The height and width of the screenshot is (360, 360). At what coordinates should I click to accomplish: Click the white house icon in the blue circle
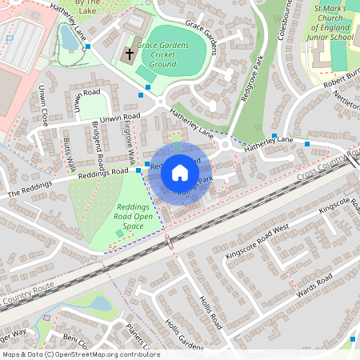pyautogui.click(x=180, y=173)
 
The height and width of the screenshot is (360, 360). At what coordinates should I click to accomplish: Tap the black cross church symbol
pyautogui.click(x=129, y=54)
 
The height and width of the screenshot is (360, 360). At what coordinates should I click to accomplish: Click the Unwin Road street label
pyautogui.click(x=121, y=117)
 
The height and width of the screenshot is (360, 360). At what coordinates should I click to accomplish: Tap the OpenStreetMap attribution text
pyautogui.click(x=80, y=354)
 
